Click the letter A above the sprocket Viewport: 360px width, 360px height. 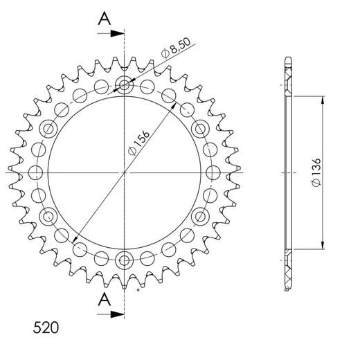(103, 18)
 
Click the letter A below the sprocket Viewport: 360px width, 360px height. (103, 299)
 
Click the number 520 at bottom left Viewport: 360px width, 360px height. (46, 326)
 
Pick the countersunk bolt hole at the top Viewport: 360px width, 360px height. (125, 86)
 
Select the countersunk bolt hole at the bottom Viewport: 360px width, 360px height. (125, 260)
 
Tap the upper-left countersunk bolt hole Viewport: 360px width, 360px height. (49, 129)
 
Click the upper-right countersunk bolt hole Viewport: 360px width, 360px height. (200, 129)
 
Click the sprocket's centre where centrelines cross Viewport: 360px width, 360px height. (125, 172)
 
